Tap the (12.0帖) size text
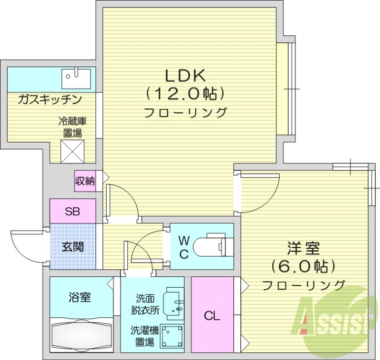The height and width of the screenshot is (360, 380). [184, 94]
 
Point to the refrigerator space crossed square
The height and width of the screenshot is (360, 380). [73, 151]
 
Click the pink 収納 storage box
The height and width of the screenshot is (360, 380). [85, 181]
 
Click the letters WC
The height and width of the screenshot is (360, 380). [184, 246]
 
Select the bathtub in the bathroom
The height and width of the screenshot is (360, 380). [81, 335]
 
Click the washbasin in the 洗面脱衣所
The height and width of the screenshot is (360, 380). [173, 302]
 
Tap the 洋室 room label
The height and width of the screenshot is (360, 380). [304, 248]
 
